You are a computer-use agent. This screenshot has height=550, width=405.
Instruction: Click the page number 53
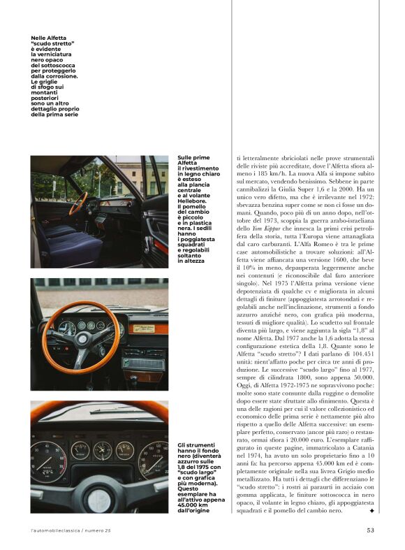point(371,529)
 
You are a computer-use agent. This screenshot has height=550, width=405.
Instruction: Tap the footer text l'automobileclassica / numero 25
point(71,530)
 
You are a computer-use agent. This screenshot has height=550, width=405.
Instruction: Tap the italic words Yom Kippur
point(261,249)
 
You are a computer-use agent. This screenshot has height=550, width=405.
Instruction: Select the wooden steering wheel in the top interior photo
point(78,203)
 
